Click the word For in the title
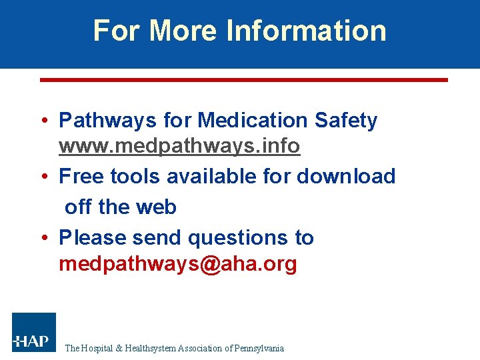click(x=117, y=31)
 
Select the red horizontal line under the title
click(x=244, y=80)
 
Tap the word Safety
click(x=345, y=121)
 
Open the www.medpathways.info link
click(x=179, y=146)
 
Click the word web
click(x=157, y=207)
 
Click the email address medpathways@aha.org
click(x=178, y=265)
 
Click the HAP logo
click(x=34, y=333)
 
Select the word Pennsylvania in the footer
click(x=259, y=348)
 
